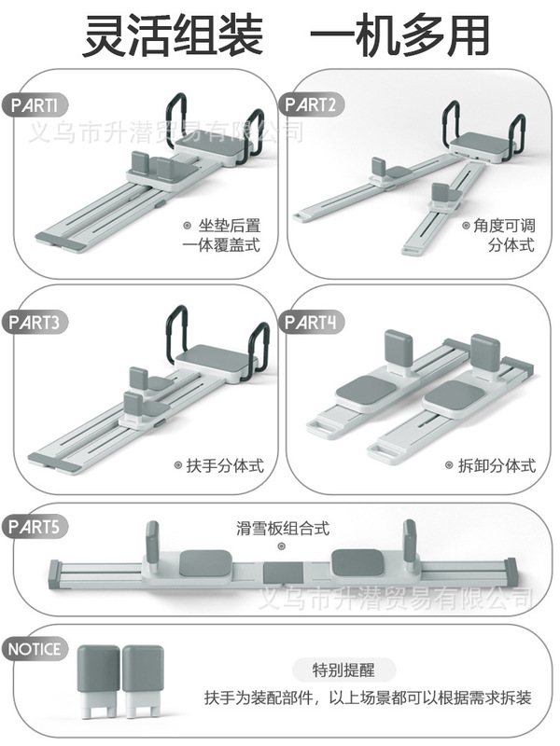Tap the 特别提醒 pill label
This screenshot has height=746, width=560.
342,669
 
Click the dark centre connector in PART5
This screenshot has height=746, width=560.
280,573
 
